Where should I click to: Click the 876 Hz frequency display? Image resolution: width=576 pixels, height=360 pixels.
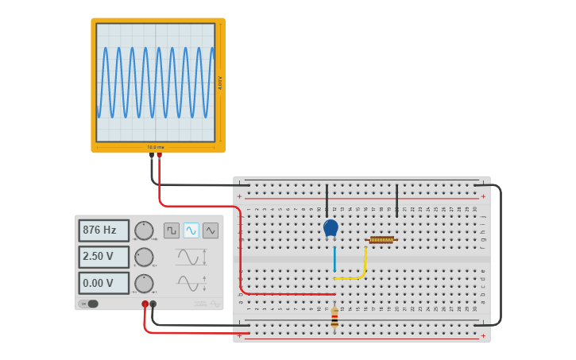click(103, 230)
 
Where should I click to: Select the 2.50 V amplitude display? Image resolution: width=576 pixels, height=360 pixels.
click(103, 257)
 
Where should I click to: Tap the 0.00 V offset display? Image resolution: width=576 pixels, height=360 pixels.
click(103, 283)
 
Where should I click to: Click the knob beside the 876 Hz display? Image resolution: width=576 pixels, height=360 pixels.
click(144, 231)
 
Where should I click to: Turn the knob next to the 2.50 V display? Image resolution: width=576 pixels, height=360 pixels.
click(144, 257)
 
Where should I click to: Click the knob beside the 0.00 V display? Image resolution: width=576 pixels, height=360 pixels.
click(144, 283)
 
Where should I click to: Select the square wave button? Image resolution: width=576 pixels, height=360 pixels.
click(172, 230)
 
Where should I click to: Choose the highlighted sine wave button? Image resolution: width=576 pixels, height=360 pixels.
click(191, 230)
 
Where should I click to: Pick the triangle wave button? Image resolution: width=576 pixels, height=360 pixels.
click(211, 230)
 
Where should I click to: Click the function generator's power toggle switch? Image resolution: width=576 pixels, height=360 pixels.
click(89, 304)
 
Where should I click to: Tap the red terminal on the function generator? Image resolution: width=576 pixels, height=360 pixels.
click(145, 304)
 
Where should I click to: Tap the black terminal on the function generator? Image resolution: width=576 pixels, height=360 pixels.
click(153, 304)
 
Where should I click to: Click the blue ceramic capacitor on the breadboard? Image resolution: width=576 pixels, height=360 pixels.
click(331, 228)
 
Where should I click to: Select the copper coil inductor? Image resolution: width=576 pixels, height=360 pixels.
click(381, 239)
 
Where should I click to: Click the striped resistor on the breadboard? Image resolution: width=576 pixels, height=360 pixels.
click(334, 318)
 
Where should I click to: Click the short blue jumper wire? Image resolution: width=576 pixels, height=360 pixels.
click(334, 259)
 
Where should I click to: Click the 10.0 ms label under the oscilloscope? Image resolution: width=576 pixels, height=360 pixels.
click(156, 147)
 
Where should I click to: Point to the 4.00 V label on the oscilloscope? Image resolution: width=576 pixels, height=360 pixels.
click(220, 83)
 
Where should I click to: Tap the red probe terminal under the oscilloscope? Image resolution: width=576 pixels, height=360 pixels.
click(159, 156)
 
